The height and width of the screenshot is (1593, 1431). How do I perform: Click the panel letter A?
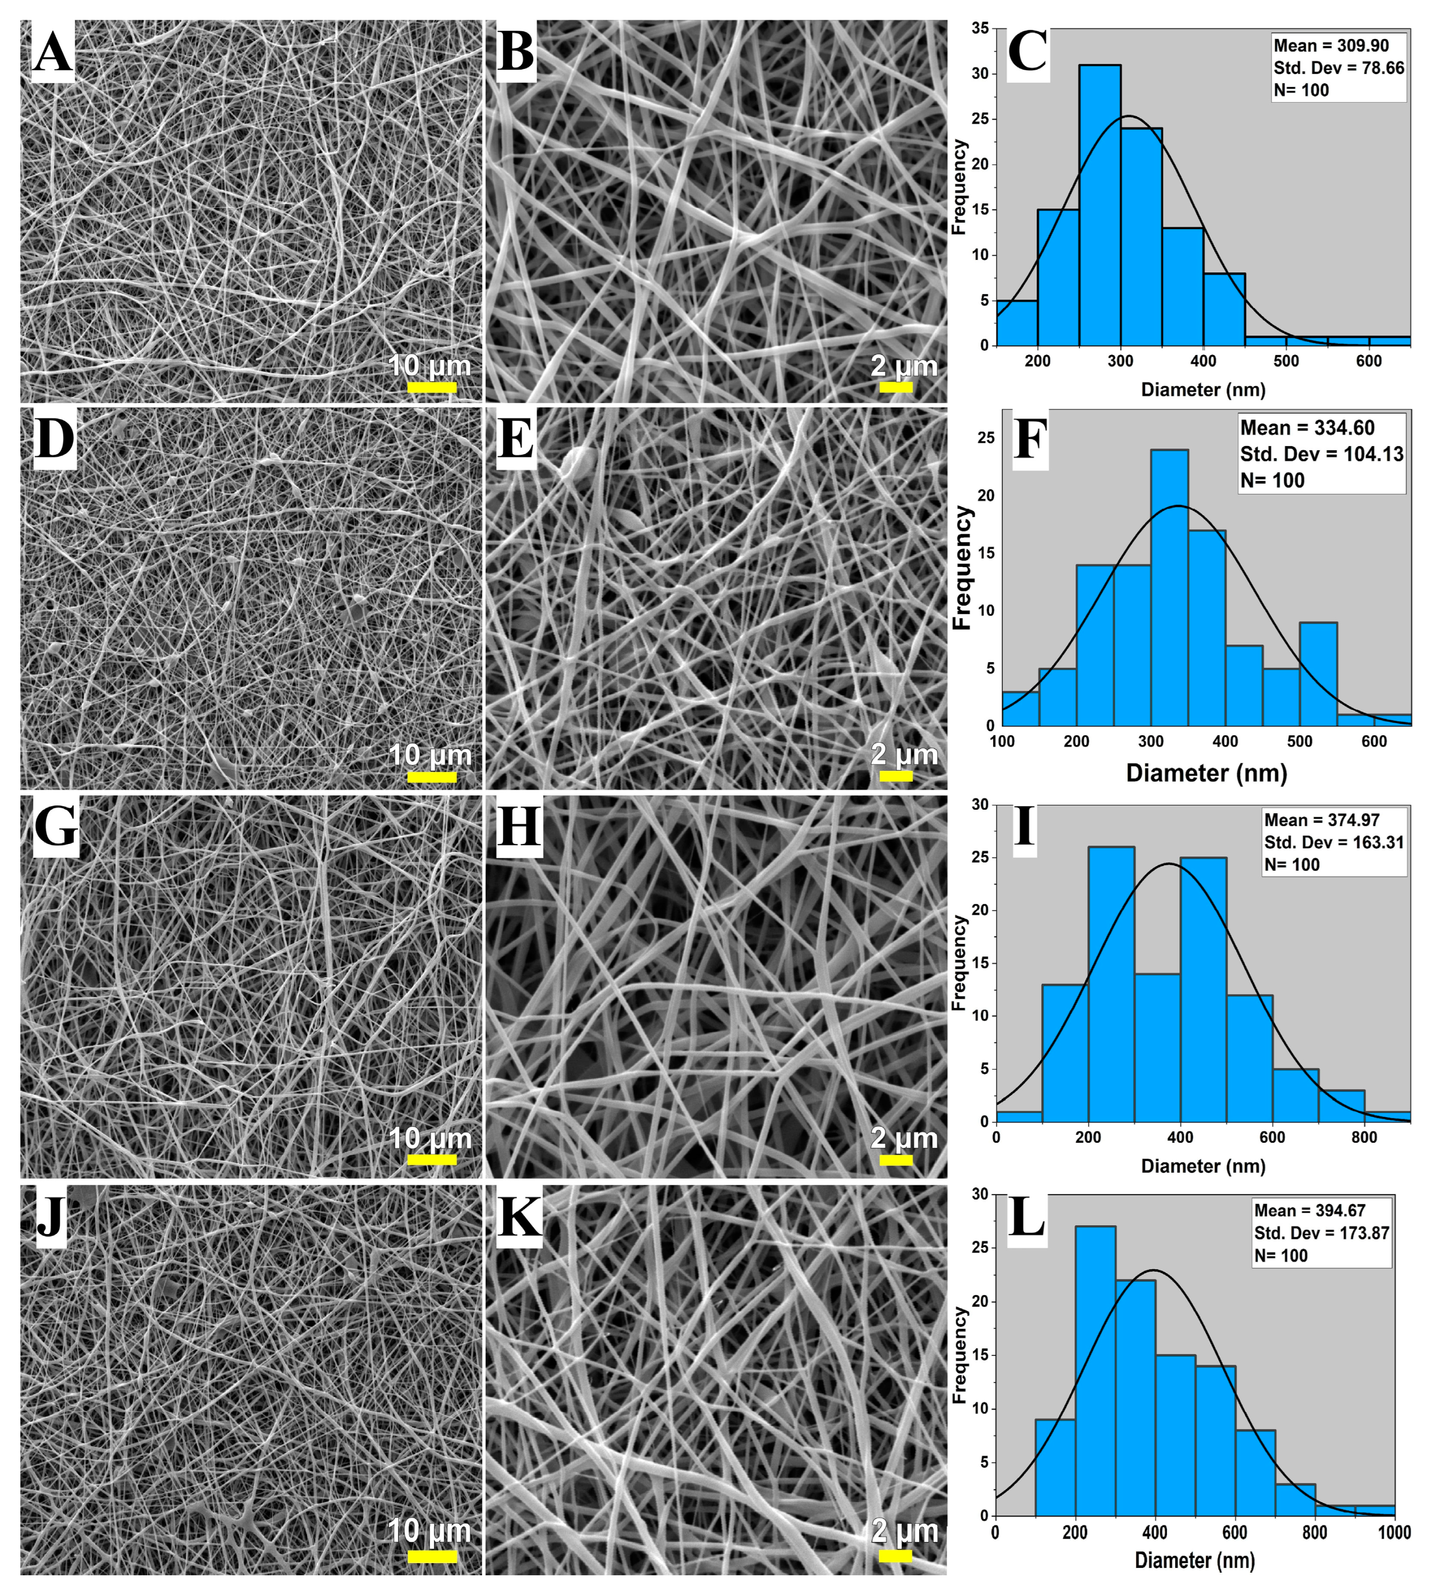pos(52,53)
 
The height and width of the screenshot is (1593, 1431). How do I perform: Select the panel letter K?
pos(520,1218)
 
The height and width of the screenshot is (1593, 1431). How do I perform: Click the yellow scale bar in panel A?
pos(432,387)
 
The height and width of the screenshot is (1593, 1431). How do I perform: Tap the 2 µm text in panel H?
pos(904,1138)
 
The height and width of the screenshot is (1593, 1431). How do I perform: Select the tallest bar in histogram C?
pos(1099,204)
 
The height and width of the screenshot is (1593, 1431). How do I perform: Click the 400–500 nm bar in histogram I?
pos(1203,989)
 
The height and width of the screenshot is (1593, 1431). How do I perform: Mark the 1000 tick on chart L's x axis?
pos(1394,1532)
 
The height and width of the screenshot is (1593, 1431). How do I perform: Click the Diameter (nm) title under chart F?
pos(1206,773)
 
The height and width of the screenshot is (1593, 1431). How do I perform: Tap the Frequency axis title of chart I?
pos(958,963)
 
